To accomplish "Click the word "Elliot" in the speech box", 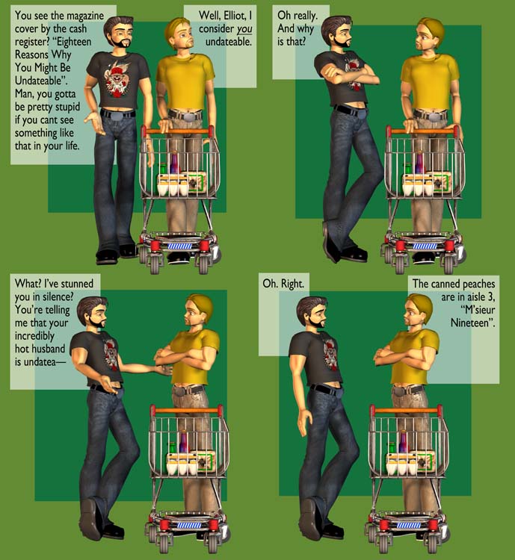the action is click(234, 16).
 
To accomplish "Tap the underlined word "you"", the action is click(244, 29).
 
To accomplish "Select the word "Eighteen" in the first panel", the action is click(74, 42).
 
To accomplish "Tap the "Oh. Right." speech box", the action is click(283, 314).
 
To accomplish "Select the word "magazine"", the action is click(84, 16).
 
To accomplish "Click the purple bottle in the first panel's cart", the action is click(174, 164).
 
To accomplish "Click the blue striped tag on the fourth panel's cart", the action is click(410, 526).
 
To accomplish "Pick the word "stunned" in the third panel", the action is click(77, 284).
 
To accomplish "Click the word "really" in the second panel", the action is click(304, 16).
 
